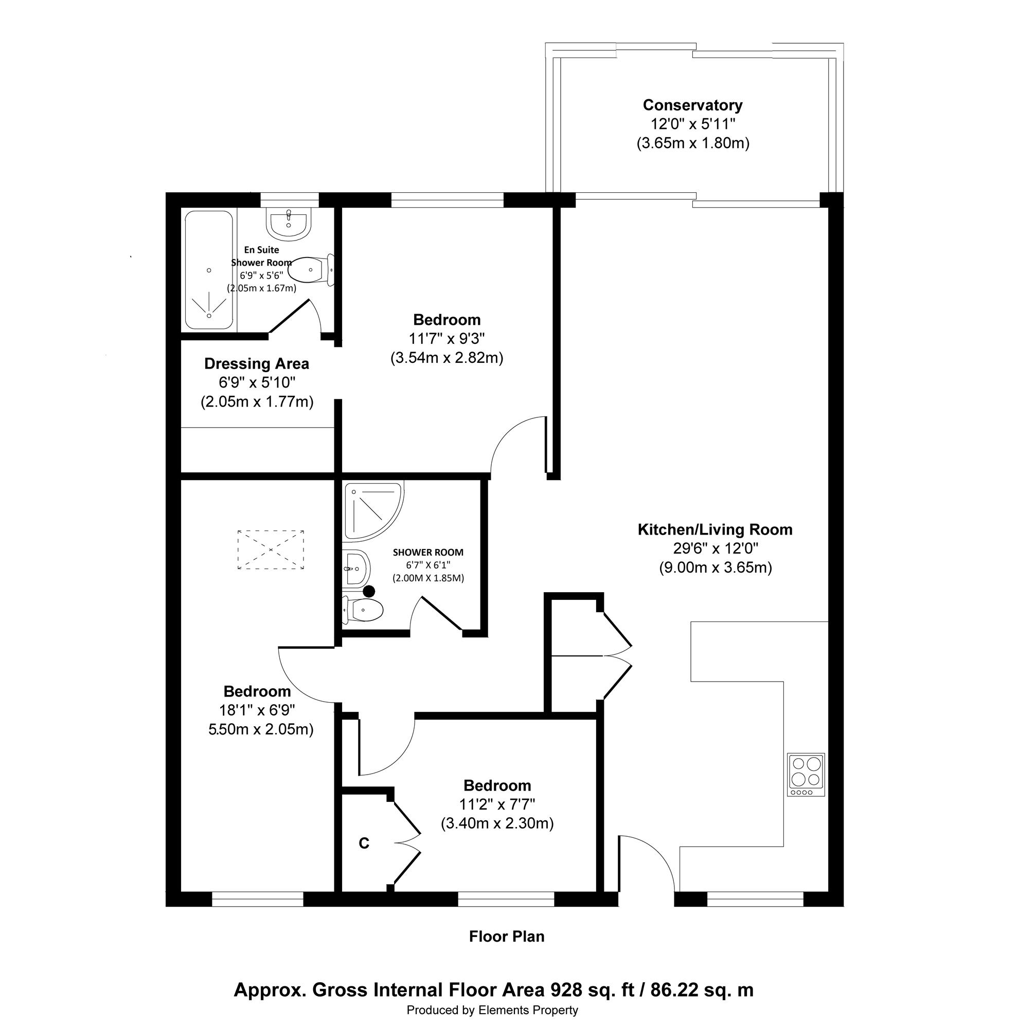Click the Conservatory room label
point(692,105)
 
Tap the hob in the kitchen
point(806,775)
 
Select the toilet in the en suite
point(314,270)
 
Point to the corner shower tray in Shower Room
point(374,510)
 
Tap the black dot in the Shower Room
point(368,591)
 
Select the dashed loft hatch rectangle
point(271,549)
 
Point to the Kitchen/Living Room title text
point(715,529)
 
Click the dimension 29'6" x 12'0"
point(715,548)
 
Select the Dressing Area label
point(257,364)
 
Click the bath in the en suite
point(209,270)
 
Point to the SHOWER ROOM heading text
point(428,553)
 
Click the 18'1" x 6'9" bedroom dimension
point(257,710)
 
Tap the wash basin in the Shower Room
point(355,568)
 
